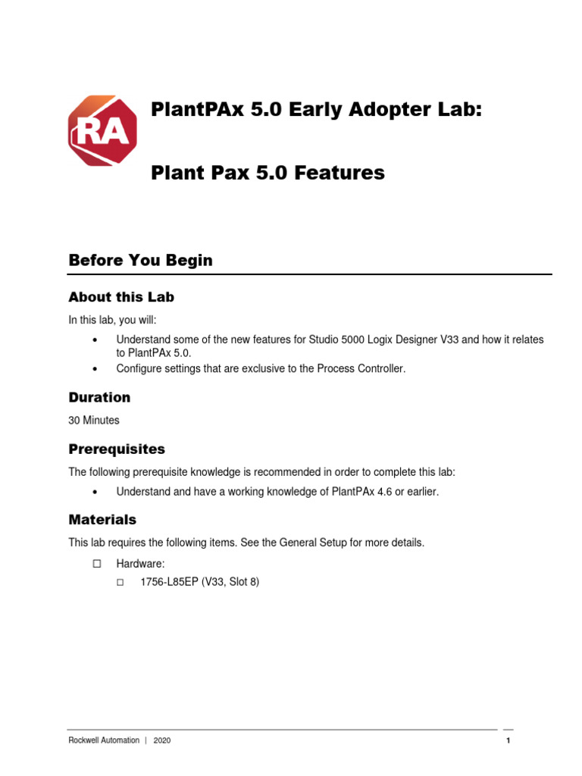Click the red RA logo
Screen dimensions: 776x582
tap(103, 130)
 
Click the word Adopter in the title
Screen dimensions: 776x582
tap(393, 109)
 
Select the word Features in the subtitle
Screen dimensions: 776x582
tap(339, 173)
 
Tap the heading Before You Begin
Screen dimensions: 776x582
tap(140, 260)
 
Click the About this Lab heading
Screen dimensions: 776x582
tap(121, 296)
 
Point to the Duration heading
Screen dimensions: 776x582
tap(99, 397)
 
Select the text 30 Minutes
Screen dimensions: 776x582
tap(94, 420)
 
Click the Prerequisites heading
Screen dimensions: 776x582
tap(117, 449)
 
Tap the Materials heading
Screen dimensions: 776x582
tap(102, 520)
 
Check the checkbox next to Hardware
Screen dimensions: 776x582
tap(96, 564)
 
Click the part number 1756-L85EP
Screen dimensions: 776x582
tap(169, 583)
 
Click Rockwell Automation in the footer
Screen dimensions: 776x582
tap(104, 740)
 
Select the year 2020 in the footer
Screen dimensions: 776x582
tap(161, 740)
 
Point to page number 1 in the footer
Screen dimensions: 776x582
tap(508, 740)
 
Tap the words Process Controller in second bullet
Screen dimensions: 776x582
tap(362, 368)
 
